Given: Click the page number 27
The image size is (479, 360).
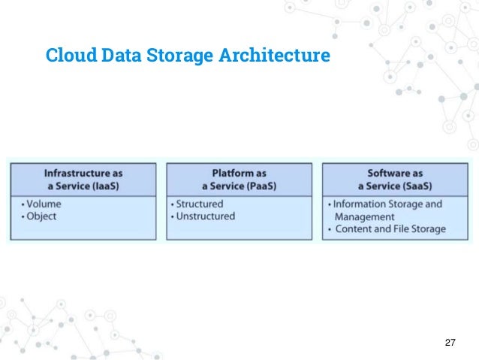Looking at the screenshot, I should (450, 343).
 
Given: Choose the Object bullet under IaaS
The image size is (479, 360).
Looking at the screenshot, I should (43, 216).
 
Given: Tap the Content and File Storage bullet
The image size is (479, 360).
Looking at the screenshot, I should (390, 229).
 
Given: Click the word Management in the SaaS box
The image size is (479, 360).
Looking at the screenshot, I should (364, 216).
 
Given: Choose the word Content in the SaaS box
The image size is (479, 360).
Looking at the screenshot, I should (356, 229).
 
